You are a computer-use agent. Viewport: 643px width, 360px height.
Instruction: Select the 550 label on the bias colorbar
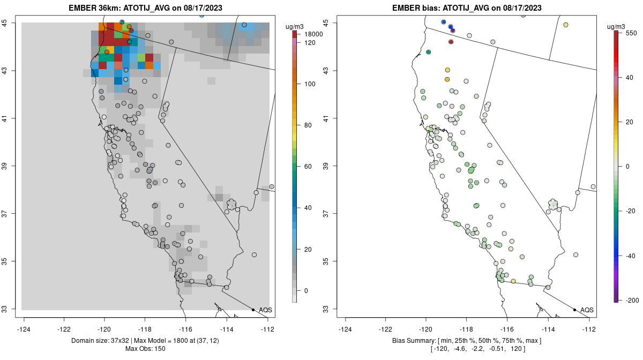pos(630,33)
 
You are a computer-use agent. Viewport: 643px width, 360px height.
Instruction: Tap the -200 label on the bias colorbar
pos(632,299)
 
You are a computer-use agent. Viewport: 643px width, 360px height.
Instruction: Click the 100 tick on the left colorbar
pos(310,84)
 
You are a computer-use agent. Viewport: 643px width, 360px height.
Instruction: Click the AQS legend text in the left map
pos(265,310)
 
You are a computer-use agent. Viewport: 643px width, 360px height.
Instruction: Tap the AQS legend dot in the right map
pos(574,310)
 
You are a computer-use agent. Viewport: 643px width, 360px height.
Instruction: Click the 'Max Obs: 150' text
pos(145,349)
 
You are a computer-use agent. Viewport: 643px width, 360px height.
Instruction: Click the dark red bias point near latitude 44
pos(451,42)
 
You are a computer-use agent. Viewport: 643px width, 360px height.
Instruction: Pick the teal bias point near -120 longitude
pos(428,52)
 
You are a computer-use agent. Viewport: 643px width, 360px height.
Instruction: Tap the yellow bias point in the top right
pos(565,25)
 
